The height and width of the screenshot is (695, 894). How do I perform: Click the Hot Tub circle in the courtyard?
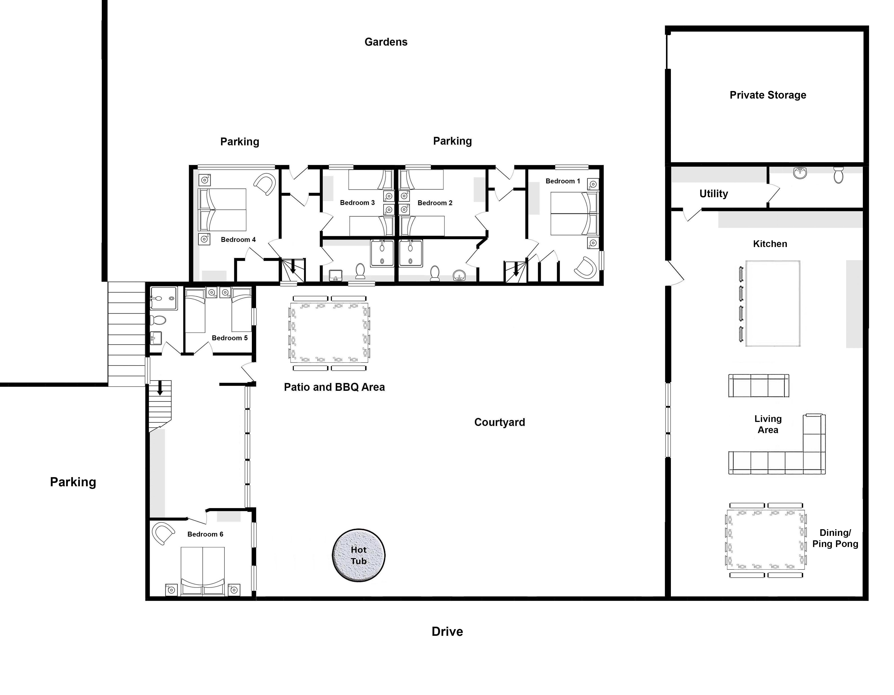tap(358, 555)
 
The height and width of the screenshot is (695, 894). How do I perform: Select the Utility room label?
tap(713, 194)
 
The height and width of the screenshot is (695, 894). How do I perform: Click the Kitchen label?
tap(770, 244)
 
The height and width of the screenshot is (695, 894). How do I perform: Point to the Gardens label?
tap(386, 42)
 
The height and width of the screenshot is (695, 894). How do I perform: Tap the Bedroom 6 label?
tap(205, 534)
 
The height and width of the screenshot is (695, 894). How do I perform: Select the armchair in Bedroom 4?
tap(265, 184)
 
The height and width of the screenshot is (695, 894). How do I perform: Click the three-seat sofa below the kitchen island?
tap(758, 386)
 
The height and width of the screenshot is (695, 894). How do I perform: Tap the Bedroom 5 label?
tap(230, 338)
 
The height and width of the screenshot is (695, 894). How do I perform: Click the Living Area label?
tap(768, 424)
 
